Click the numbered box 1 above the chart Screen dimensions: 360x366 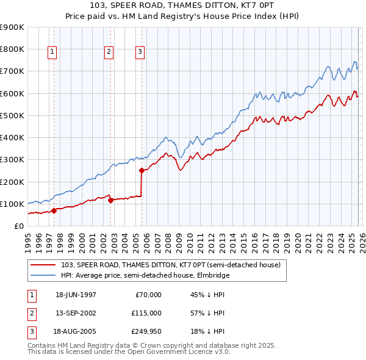coord(52,52)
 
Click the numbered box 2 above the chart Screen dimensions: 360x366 coord(109,52)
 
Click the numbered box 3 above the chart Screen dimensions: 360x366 coord(140,52)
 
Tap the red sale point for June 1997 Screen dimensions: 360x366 coord(54,211)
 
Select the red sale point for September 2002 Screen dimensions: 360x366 coord(110,200)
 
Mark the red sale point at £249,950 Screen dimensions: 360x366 coord(142,171)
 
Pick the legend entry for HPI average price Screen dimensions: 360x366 coord(145,275)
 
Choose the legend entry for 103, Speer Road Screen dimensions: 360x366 coord(170,265)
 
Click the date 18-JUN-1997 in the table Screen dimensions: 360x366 coord(76,295)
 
